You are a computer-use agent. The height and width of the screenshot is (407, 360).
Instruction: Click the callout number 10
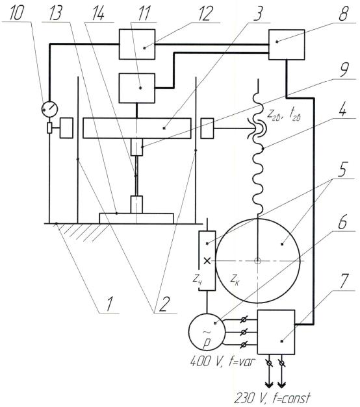point(16,14)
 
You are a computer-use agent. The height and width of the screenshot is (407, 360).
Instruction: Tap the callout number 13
point(55,13)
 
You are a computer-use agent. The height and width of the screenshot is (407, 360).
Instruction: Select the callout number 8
point(343,14)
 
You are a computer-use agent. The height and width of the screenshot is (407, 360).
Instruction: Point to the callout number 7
point(344,280)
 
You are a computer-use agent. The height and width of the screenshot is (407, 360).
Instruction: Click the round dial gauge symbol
point(49,109)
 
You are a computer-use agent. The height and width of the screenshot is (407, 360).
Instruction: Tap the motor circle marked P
point(207,332)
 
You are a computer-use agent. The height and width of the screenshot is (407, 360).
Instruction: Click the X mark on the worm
point(207,261)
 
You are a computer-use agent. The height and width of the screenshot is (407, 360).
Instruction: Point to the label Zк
point(235,280)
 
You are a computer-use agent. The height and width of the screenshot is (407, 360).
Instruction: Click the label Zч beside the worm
point(198,279)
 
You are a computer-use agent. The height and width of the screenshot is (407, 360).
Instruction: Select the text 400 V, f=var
point(222,362)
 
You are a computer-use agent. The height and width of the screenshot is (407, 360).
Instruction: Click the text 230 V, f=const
point(273,398)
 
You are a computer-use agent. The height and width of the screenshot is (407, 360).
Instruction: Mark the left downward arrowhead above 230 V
point(269,384)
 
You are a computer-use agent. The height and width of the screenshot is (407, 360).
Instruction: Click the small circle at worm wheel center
point(257,260)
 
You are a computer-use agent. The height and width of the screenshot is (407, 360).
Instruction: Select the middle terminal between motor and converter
point(244,332)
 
